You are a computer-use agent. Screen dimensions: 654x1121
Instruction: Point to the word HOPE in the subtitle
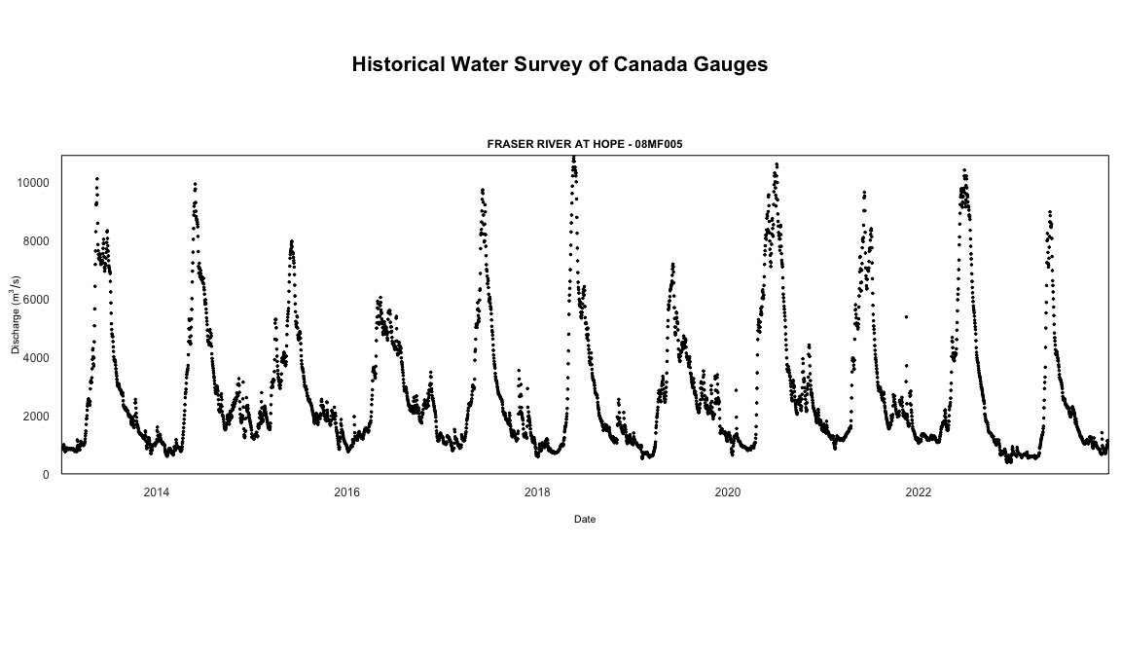click(605, 144)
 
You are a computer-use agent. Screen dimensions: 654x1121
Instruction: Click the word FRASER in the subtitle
click(507, 144)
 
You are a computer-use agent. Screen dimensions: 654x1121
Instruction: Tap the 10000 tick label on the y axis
click(35, 183)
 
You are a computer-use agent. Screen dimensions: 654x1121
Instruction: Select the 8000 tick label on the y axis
click(38, 241)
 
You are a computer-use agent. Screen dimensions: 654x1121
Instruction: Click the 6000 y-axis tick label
click(38, 300)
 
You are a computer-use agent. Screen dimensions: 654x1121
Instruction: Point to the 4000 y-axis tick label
click(38, 358)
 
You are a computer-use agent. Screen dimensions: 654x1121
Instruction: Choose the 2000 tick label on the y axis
click(38, 417)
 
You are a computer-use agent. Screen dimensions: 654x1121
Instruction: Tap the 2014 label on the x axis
click(157, 492)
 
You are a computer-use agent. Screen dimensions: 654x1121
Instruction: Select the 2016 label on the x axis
click(347, 492)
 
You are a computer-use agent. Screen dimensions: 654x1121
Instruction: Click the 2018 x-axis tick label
click(538, 492)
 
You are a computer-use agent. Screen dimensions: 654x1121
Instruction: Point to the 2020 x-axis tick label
click(728, 492)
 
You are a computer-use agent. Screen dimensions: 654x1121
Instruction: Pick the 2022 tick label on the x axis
click(919, 492)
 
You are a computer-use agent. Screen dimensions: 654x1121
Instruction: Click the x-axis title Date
click(585, 520)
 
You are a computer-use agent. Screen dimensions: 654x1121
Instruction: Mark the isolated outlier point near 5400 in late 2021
click(906, 316)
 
